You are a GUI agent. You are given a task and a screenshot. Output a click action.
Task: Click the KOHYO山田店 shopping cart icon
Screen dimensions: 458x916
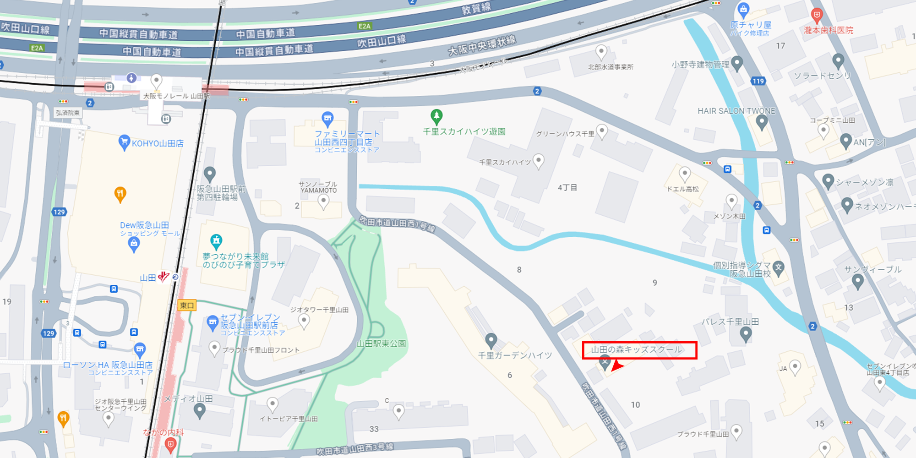pos(124,142)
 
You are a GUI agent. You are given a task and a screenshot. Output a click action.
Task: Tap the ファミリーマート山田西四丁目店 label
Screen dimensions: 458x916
pos(347,138)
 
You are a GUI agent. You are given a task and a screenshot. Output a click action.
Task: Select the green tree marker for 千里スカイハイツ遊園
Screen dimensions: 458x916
pos(436,116)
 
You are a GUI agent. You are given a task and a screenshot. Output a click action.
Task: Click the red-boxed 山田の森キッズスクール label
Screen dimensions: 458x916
pos(639,350)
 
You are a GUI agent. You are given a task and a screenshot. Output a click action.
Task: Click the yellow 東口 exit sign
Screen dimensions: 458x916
pos(187,305)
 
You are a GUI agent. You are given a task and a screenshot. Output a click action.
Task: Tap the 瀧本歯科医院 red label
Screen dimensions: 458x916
pos(829,30)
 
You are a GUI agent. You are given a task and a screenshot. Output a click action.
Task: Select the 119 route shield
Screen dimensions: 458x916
pos(758,81)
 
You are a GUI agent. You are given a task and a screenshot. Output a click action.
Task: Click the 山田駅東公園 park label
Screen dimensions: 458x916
pos(382,343)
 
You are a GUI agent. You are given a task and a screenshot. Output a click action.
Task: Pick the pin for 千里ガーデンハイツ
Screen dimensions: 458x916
pos(491,340)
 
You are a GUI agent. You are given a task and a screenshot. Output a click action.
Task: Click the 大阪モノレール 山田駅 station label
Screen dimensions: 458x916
pos(176,96)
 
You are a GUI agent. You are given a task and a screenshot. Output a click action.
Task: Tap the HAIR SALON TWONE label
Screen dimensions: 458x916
pos(736,111)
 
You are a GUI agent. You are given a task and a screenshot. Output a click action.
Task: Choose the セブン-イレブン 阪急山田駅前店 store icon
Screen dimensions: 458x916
pos(213,322)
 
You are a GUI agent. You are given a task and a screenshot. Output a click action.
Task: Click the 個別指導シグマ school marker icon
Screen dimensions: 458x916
pos(779,267)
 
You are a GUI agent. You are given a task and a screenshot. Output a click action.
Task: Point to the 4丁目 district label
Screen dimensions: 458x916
pos(567,187)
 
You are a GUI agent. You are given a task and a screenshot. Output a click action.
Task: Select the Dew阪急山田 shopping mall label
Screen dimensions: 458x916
pos(145,225)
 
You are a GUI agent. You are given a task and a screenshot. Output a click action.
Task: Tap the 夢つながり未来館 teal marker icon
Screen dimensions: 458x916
pos(216,240)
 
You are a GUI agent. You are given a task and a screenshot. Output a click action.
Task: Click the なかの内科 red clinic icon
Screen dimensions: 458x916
pos(170,443)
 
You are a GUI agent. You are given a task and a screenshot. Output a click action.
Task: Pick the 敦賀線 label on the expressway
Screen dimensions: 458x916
pos(476,8)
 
